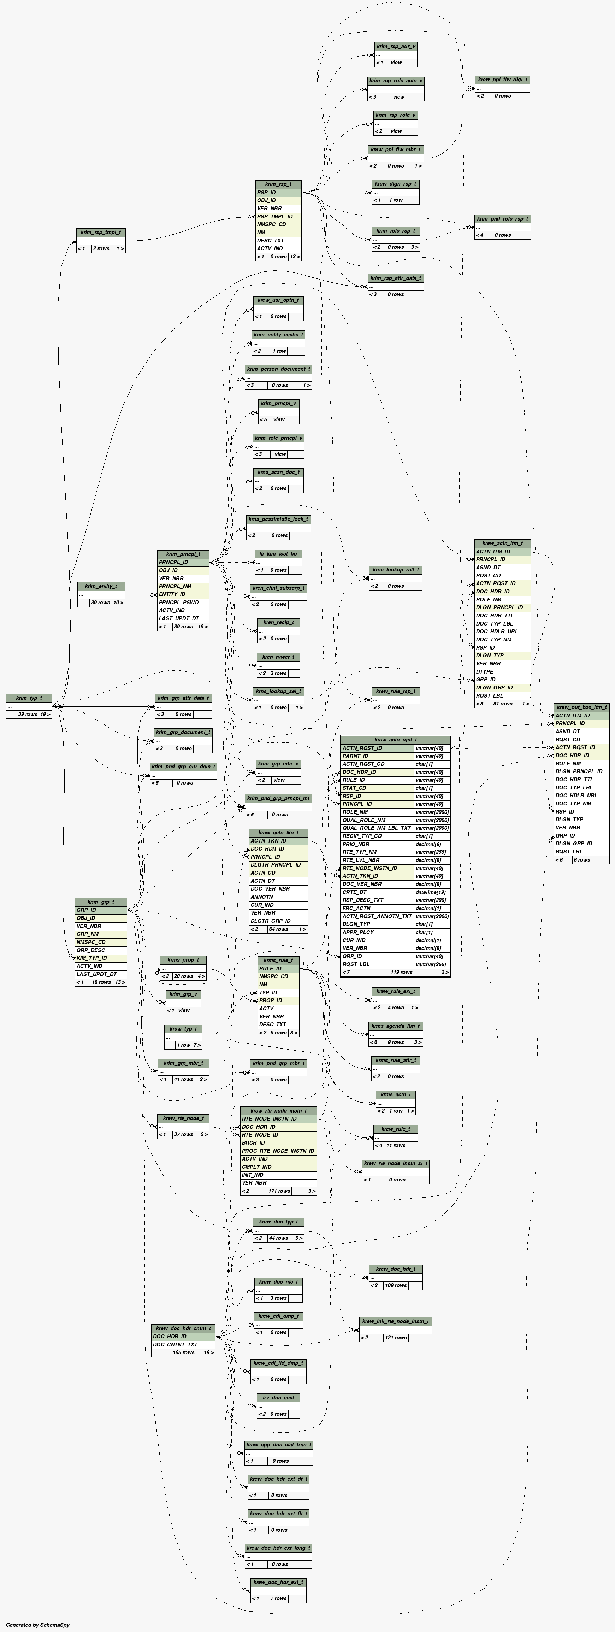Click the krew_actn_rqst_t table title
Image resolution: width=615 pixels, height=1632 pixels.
(395, 739)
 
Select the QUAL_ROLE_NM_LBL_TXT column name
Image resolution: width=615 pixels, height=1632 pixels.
(377, 828)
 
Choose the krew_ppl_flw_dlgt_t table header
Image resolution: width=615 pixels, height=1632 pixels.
(502, 80)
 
